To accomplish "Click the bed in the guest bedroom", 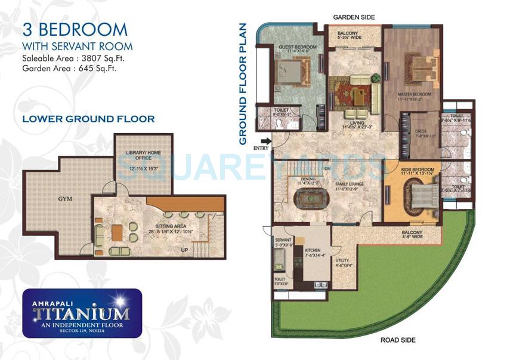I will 291,74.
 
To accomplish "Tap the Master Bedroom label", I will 414,94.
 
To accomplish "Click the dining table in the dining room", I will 308,198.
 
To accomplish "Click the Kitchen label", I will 313,251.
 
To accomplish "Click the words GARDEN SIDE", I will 354,17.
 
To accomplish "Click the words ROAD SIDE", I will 398,340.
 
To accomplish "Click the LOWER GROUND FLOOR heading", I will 88,119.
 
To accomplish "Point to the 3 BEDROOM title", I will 75,29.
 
